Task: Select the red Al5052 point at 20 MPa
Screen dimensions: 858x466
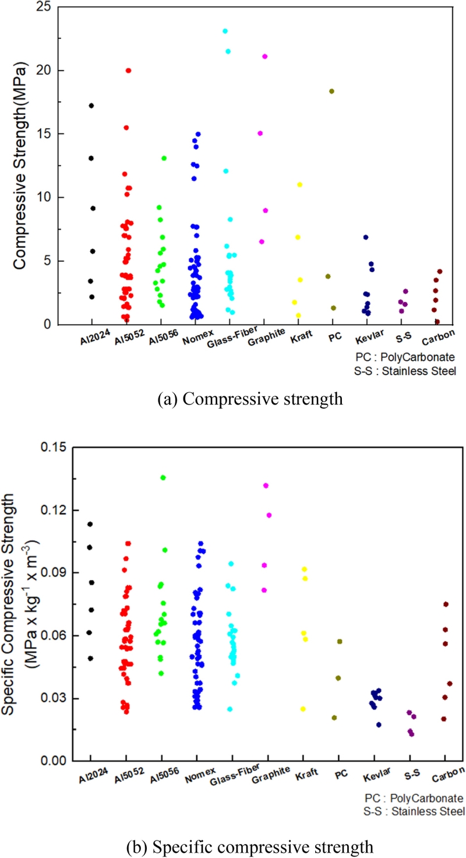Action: pyautogui.click(x=128, y=71)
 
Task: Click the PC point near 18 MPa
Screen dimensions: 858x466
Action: pyautogui.click(x=331, y=91)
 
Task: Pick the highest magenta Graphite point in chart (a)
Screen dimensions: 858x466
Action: pyautogui.click(x=264, y=57)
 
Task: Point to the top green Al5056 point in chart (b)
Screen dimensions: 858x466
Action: pyautogui.click(x=163, y=477)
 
